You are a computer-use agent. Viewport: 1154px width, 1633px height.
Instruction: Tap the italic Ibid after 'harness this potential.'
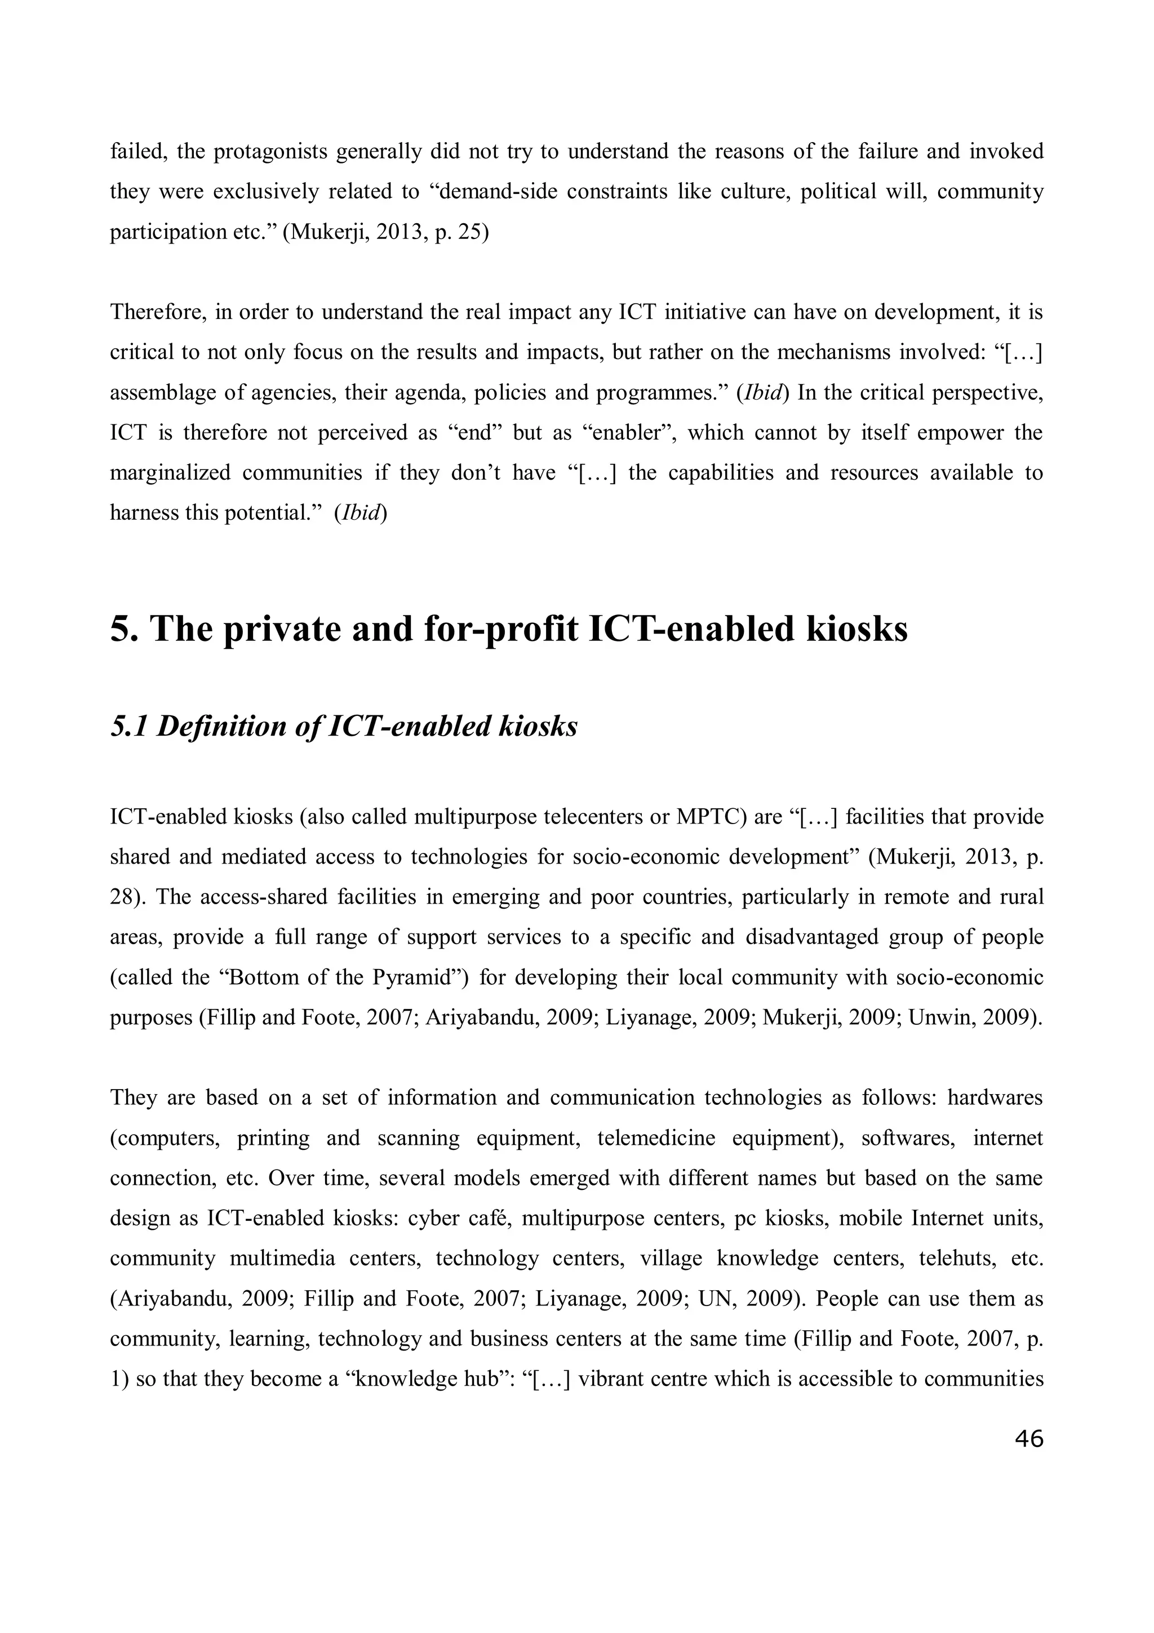(360, 514)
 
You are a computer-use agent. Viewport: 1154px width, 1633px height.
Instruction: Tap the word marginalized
(171, 473)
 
